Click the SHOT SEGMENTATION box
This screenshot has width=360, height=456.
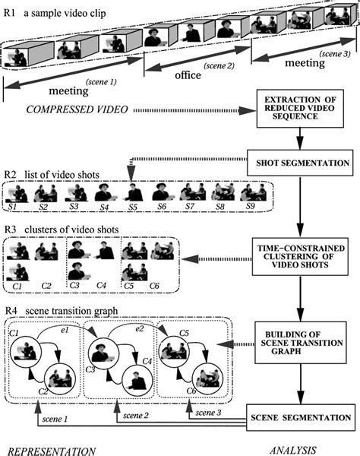click(300, 163)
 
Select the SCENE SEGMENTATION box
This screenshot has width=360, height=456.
click(301, 417)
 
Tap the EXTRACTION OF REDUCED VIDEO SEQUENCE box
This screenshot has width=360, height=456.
click(300, 109)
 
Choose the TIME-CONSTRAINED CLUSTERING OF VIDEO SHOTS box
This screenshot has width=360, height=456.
click(300, 257)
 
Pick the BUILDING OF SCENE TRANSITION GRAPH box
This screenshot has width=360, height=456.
click(301, 343)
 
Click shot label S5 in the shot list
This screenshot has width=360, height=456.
click(133, 207)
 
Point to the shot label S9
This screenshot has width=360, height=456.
click(250, 206)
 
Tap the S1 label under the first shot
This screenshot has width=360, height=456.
click(12, 207)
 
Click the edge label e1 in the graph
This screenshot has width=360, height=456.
click(65, 330)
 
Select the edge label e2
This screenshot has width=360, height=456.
click(140, 328)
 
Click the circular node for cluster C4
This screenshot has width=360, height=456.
click(137, 382)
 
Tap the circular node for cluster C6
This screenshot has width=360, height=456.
click(208, 381)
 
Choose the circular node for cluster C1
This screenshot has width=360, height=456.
click(26, 352)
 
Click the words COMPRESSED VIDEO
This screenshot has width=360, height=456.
click(77, 109)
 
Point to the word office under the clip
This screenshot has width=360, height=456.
click(188, 75)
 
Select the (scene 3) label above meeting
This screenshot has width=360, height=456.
click(335, 54)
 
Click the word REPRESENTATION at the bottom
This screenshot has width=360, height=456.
click(52, 451)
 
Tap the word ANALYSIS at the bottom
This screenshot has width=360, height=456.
click(293, 450)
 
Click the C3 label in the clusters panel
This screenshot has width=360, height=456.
click(74, 285)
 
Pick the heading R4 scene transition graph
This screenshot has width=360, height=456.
click(62, 311)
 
